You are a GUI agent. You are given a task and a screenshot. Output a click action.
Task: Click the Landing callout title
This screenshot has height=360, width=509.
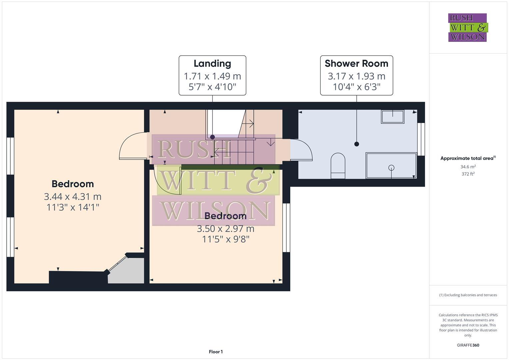[x=212, y=63]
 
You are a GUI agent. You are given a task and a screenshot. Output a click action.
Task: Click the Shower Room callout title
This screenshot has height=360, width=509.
[x=356, y=63]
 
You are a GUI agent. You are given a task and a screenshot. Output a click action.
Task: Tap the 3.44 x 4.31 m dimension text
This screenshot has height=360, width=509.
[x=73, y=196]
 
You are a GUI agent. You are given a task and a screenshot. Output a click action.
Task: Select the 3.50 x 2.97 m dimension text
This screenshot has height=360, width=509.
[x=226, y=229]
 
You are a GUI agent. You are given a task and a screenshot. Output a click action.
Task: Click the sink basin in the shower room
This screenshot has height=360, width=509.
[x=393, y=117]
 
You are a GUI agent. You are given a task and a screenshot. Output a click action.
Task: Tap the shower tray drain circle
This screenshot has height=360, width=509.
[x=391, y=168]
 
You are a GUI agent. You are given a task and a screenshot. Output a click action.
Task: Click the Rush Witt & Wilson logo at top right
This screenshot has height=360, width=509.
[x=467, y=27]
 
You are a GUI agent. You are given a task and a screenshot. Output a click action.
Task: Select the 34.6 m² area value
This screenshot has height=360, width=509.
[x=468, y=167]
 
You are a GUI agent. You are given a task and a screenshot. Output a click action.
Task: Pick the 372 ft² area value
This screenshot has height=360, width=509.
[x=468, y=174]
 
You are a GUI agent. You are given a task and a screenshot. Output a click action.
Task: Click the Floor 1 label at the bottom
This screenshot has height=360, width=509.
[x=216, y=352]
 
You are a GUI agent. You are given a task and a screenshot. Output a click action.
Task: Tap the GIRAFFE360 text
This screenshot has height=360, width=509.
[x=468, y=345]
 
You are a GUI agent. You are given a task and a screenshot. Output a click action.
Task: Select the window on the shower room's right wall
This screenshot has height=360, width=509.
[x=421, y=139]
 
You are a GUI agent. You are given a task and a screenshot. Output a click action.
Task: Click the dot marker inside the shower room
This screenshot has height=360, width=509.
[x=357, y=144]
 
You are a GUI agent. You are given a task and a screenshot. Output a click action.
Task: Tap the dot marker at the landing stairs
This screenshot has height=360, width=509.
[x=212, y=137]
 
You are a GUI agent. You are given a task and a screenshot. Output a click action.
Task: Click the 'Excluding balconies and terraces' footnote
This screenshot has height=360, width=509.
[x=468, y=295]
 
